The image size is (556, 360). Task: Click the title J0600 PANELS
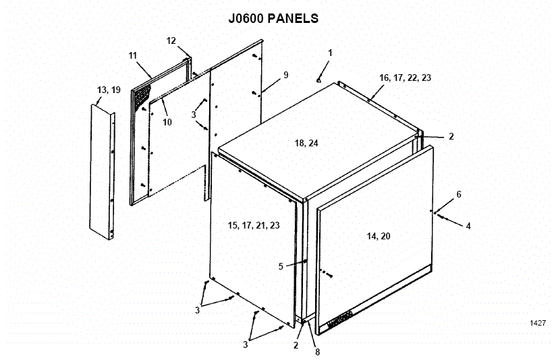click(x=273, y=18)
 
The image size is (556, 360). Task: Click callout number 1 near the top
click(x=331, y=53)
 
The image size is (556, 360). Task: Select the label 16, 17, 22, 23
click(x=405, y=78)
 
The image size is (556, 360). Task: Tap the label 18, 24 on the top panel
click(x=308, y=143)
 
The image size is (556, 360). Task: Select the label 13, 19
click(x=109, y=90)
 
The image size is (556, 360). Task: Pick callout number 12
click(x=171, y=40)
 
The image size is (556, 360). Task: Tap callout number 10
click(x=167, y=122)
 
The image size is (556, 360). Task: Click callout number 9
click(x=285, y=75)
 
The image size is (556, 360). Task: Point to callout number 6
click(x=459, y=195)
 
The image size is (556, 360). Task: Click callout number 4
click(x=468, y=226)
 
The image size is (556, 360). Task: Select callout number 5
click(x=281, y=266)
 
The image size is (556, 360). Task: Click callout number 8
click(x=316, y=351)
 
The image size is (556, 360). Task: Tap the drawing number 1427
click(x=538, y=324)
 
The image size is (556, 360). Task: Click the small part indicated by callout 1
click(x=318, y=80)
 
